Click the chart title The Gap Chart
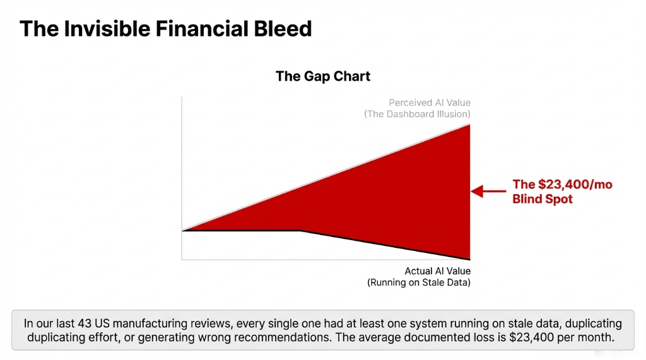point(323,76)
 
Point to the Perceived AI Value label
point(429,103)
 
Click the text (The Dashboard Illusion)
point(417,114)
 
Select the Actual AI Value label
point(437,271)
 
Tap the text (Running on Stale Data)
point(419,282)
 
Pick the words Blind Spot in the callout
point(542,199)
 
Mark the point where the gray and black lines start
point(182,231)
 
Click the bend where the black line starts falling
point(300,231)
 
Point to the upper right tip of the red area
point(470,124)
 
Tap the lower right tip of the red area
point(470,259)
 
